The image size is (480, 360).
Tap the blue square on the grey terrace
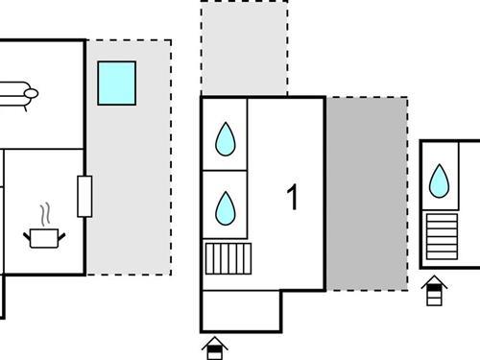[116, 83]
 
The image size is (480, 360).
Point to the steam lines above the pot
[44, 212]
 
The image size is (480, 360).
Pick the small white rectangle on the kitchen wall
[84, 197]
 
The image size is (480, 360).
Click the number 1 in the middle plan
[293, 198]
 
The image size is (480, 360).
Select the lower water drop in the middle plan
[225, 206]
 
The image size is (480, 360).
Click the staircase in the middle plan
[228, 258]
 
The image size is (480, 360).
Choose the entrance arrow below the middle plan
[216, 346]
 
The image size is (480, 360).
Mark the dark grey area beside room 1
[366, 192]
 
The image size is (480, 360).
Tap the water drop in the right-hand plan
[440, 180]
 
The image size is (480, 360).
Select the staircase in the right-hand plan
[442, 237]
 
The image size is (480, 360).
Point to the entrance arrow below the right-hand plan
[434, 289]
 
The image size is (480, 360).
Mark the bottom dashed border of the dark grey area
[366, 290]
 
